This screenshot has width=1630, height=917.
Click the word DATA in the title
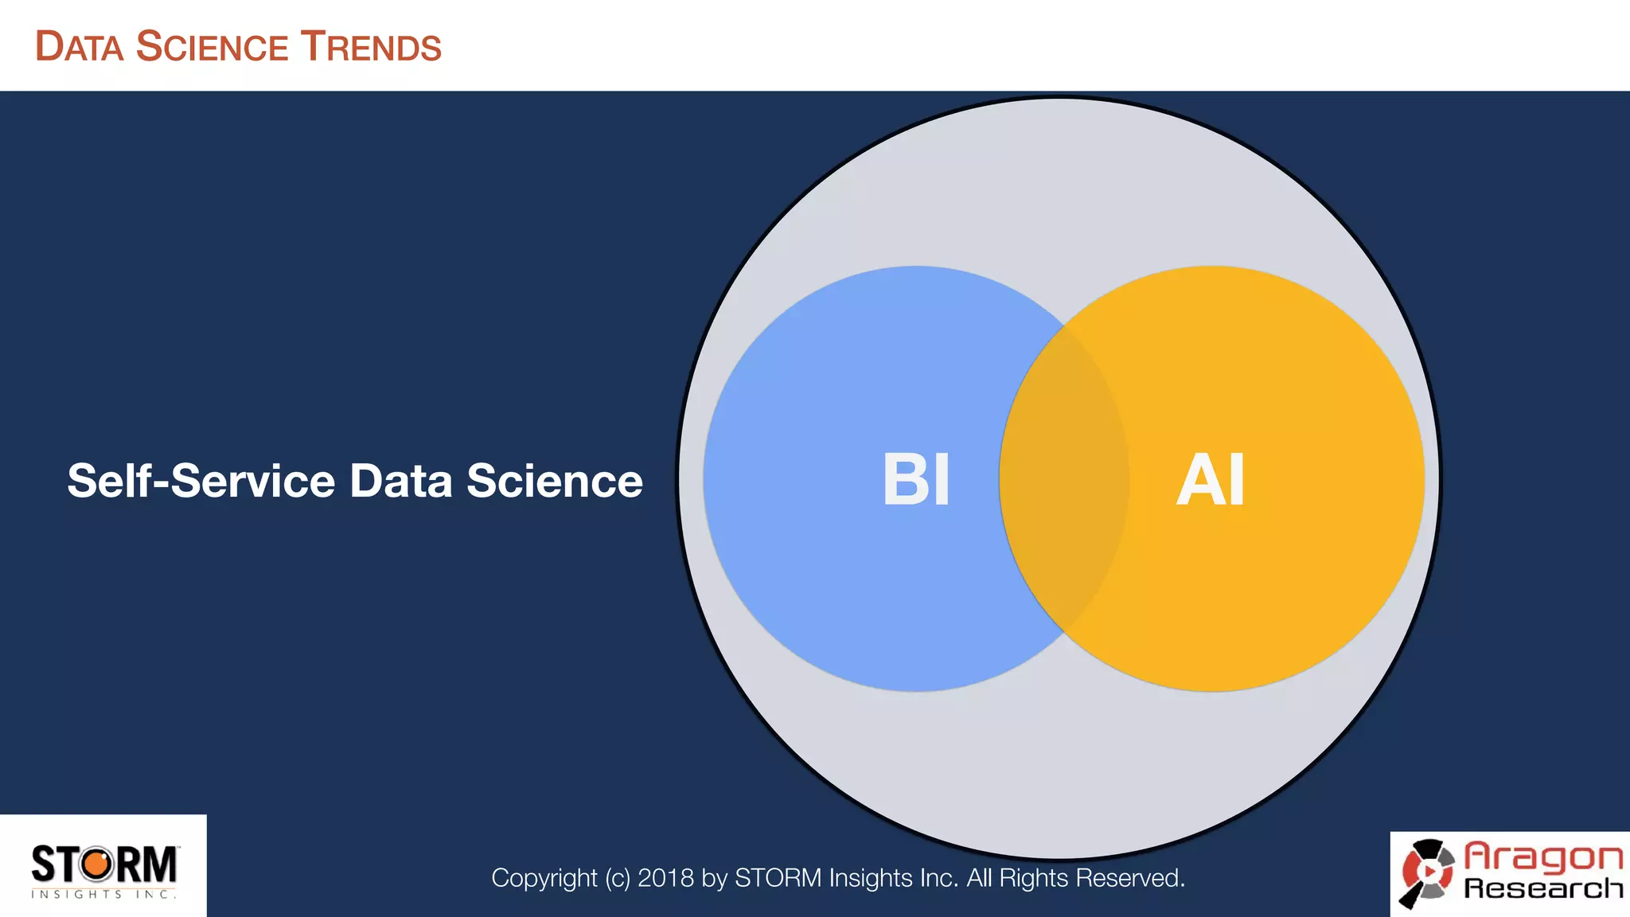(x=80, y=47)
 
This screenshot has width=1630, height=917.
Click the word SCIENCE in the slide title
(x=212, y=47)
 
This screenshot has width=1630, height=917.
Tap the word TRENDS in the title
(x=370, y=47)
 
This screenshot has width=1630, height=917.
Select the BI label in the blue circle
(x=916, y=480)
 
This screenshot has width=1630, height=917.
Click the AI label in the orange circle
(x=1211, y=480)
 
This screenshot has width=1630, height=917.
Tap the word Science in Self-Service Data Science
(x=554, y=481)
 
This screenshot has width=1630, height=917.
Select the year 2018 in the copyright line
(x=666, y=878)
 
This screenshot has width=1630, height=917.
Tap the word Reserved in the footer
(x=1129, y=878)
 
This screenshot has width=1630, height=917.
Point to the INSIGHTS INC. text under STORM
(x=103, y=895)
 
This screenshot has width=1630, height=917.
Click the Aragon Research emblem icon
(x=1428, y=873)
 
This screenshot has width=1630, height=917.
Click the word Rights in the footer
(x=1034, y=878)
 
